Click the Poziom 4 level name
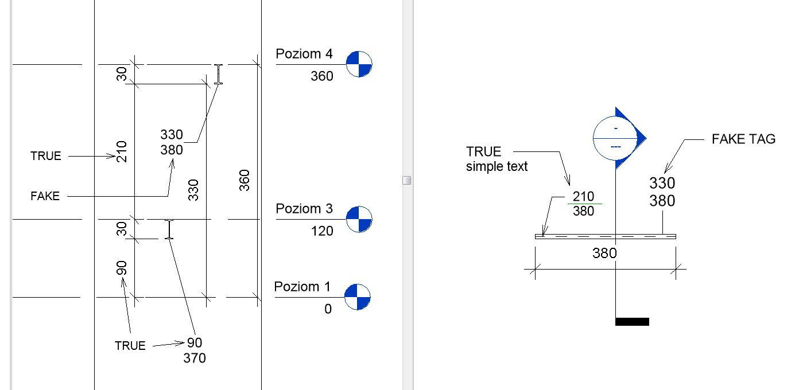point(304,54)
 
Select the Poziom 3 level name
point(304,209)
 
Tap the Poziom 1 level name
point(302,287)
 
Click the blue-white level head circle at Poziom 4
point(359,64)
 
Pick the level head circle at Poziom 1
point(358,297)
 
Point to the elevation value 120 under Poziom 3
point(321,231)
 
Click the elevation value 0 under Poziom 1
point(328,310)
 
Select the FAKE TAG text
point(743,139)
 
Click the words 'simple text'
point(497,167)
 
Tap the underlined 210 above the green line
point(583,197)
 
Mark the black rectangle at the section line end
point(632,322)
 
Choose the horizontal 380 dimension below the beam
point(604,253)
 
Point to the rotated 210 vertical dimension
point(121,151)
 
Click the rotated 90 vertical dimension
point(121,268)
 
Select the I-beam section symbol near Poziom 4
point(218,75)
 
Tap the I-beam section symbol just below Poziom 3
point(169,229)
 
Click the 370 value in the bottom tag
point(194,358)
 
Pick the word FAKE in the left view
point(45,196)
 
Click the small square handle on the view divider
point(407,181)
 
